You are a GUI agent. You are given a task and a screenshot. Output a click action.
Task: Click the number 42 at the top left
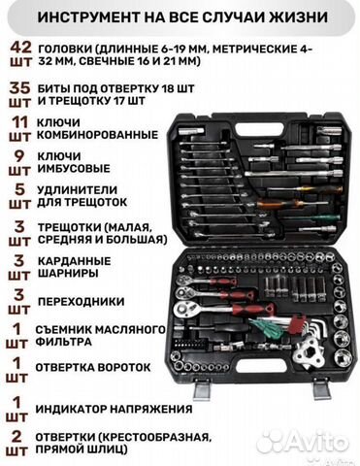(19, 48)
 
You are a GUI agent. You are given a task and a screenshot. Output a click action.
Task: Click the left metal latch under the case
(202, 389)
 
